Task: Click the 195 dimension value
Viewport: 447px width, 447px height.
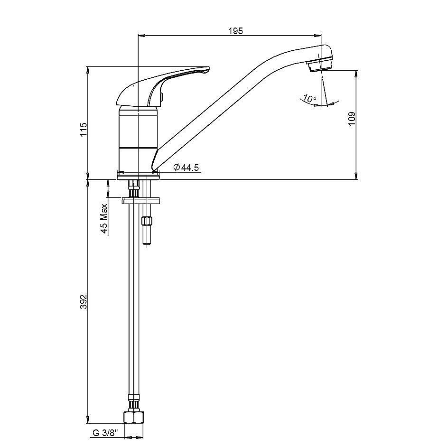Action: point(235,31)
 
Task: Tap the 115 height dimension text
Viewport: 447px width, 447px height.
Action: point(84,130)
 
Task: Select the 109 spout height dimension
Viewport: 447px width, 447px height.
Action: point(352,119)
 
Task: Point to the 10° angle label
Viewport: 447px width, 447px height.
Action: point(310,99)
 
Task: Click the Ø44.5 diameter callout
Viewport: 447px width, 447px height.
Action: point(186,167)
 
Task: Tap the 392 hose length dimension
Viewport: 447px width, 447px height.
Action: point(84,302)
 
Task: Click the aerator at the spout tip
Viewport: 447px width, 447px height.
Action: point(320,65)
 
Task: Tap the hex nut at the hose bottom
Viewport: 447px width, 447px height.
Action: point(133,418)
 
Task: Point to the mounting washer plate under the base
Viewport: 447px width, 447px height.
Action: point(142,200)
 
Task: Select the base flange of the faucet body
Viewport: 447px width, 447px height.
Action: point(139,175)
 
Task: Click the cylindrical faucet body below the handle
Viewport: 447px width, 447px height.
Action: point(137,138)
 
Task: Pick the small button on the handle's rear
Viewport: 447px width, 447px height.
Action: point(162,98)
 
